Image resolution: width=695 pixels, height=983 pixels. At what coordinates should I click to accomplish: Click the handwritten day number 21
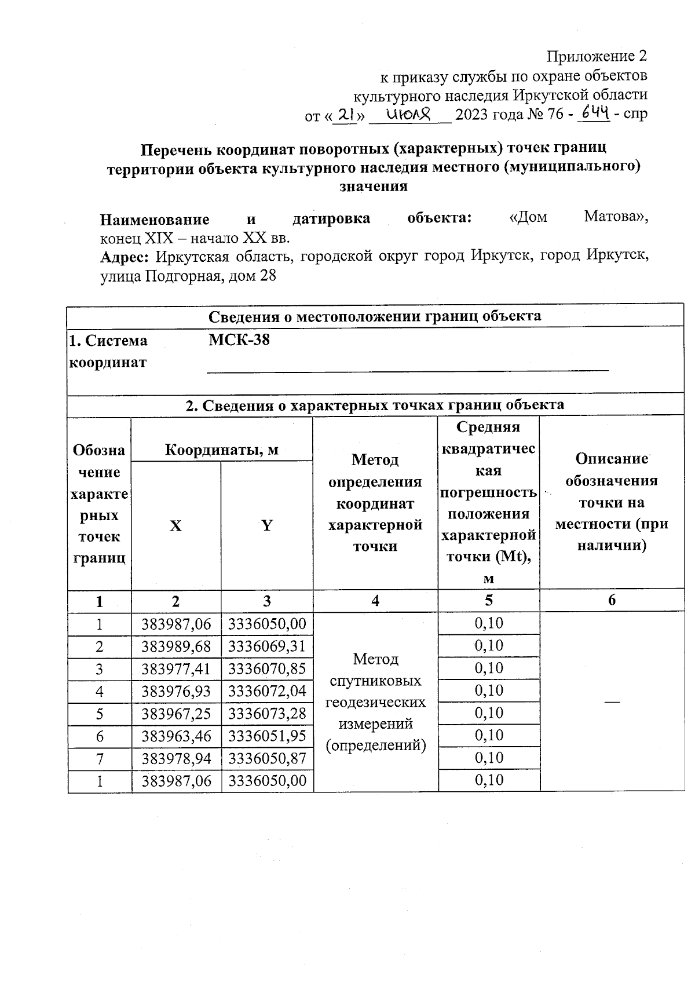pyautogui.click(x=346, y=115)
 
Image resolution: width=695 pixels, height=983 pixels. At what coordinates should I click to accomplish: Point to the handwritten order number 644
pyautogui.click(x=592, y=114)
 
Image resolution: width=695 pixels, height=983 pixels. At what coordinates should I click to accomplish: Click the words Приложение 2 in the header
pyautogui.click(x=597, y=57)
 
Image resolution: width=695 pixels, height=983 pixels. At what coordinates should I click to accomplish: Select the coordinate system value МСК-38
pyautogui.click(x=239, y=340)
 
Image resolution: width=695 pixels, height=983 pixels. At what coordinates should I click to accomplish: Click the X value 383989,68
pyautogui.click(x=177, y=646)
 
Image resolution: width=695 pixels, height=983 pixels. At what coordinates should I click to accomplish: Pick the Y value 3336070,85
pyautogui.click(x=267, y=669)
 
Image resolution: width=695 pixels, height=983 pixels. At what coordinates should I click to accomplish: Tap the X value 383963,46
pyautogui.click(x=177, y=736)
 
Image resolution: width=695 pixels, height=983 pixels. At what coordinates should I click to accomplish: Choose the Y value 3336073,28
pyautogui.click(x=267, y=714)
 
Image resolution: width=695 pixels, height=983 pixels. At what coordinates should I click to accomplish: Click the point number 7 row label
pyautogui.click(x=100, y=759)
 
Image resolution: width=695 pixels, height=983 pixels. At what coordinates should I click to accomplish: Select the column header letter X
pyautogui.click(x=175, y=526)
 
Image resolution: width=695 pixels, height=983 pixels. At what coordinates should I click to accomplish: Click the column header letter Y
pyautogui.click(x=266, y=526)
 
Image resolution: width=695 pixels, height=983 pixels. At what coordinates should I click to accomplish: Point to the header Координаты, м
pyautogui.click(x=222, y=450)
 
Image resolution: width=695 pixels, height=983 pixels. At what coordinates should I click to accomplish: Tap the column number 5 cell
pyautogui.click(x=489, y=601)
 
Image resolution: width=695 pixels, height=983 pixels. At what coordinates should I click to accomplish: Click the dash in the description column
pyautogui.click(x=612, y=702)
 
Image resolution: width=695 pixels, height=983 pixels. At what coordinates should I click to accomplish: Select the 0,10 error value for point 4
pyautogui.click(x=489, y=691)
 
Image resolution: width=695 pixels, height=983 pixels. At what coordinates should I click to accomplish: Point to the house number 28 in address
pyautogui.click(x=268, y=276)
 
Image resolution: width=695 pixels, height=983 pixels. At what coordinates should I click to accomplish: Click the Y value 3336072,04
pyautogui.click(x=267, y=691)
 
